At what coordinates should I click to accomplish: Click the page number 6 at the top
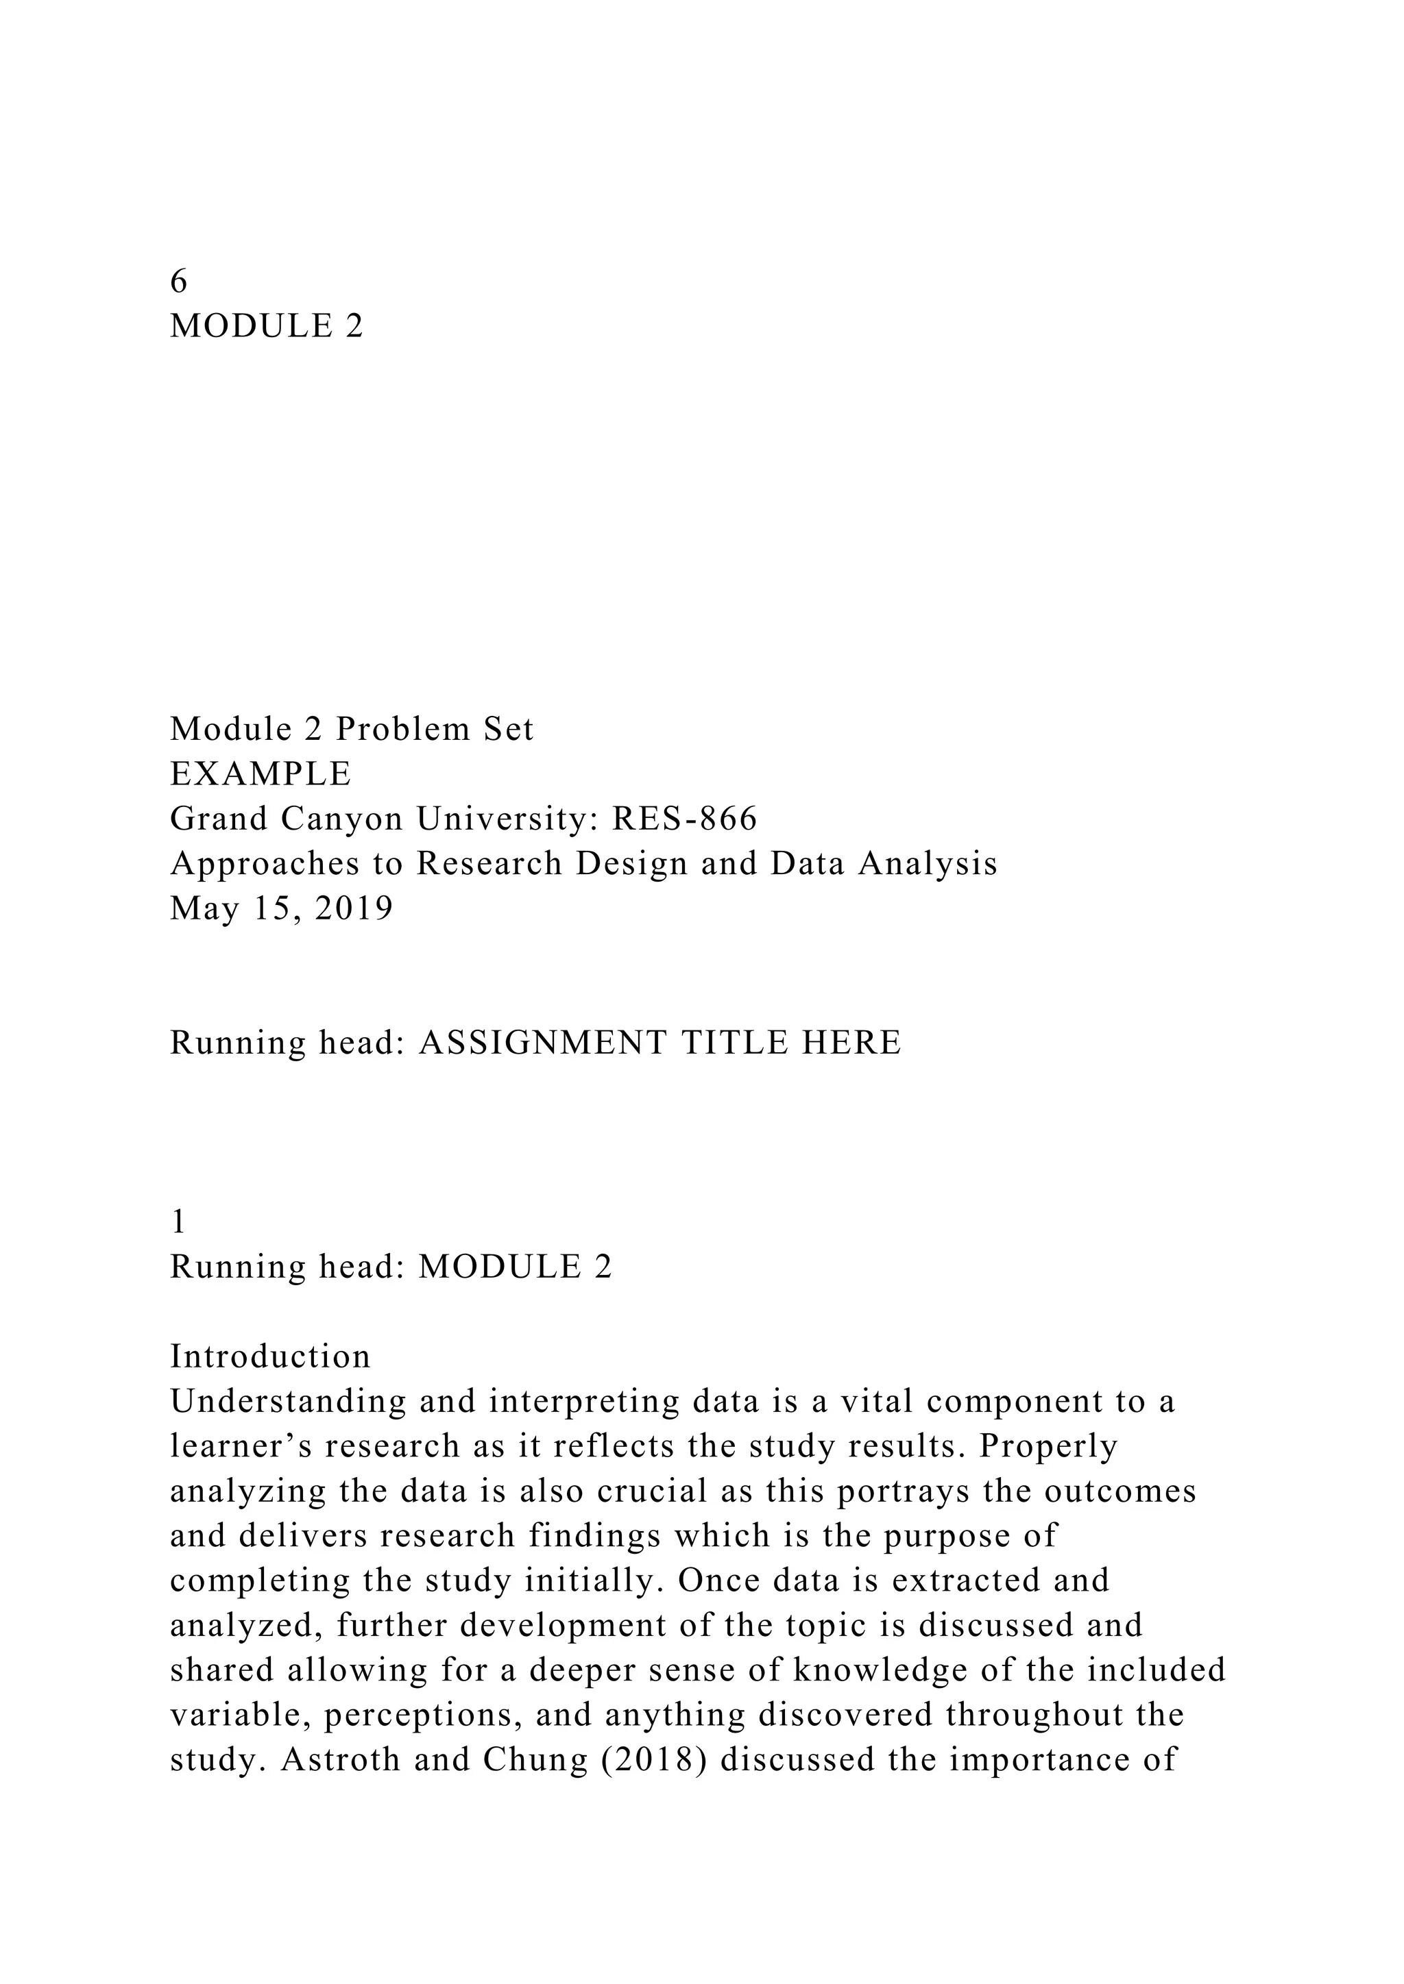[x=178, y=281]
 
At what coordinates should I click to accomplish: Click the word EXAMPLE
[x=261, y=773]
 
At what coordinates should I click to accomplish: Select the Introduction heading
[x=269, y=1356]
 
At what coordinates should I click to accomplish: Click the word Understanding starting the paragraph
[x=288, y=1402]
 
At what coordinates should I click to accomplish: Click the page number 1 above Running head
[x=178, y=1222]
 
